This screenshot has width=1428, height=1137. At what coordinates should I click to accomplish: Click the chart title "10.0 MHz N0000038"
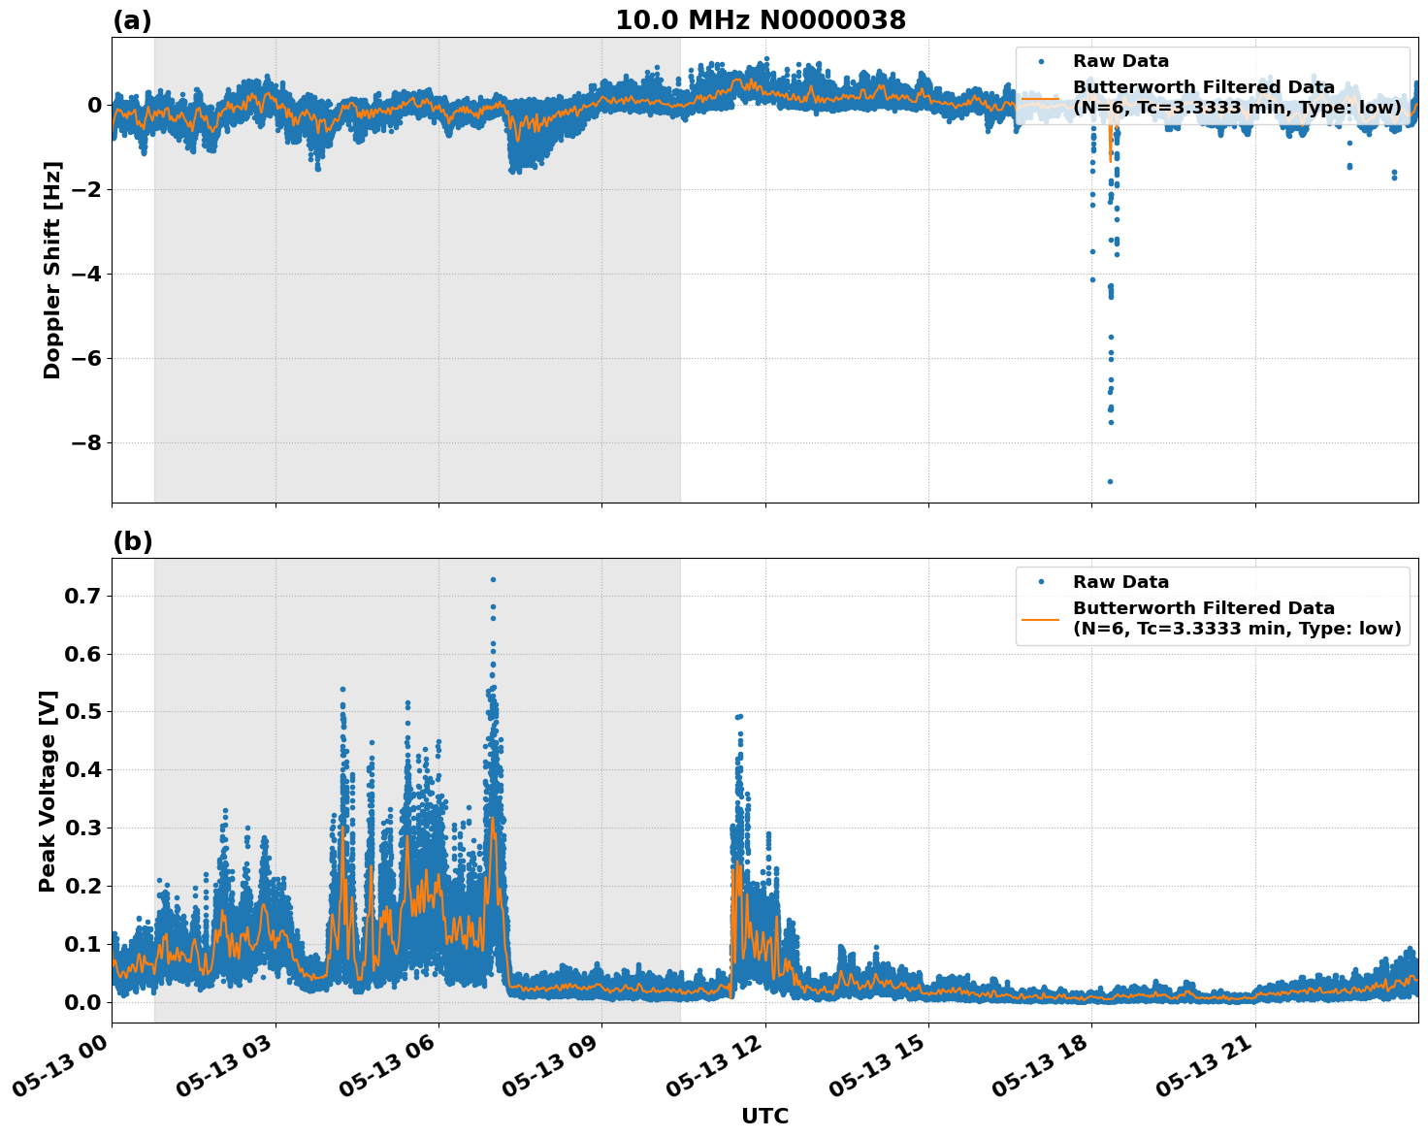tap(761, 20)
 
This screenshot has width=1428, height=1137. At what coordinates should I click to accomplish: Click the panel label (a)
tap(132, 20)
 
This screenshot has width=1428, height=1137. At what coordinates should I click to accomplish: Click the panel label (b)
tap(132, 541)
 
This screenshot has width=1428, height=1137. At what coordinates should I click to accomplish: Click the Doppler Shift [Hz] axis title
tap(52, 270)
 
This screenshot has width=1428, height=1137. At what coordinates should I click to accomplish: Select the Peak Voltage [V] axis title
tap(48, 791)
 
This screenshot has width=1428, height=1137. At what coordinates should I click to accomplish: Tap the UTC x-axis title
tap(764, 1116)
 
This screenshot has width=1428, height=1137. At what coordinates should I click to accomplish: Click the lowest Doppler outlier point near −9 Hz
tap(1110, 481)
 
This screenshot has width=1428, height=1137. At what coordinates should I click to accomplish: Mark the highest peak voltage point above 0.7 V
tap(493, 579)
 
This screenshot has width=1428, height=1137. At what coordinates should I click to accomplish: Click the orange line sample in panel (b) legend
tap(1040, 618)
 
